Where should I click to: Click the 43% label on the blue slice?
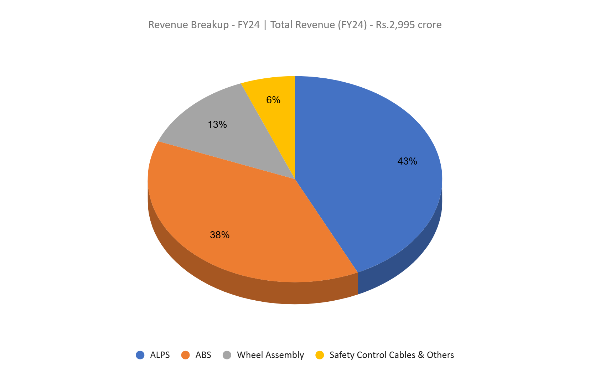coord(407,161)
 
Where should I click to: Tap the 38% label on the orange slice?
coord(219,235)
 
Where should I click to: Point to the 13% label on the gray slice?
coord(217,125)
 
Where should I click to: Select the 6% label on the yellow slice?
coord(273,100)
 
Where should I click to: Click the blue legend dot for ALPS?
coord(140,355)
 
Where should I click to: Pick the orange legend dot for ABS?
coord(186,355)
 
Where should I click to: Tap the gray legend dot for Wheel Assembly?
coord(227,355)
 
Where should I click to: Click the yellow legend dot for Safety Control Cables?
coord(320,355)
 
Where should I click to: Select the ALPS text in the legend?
coord(160,355)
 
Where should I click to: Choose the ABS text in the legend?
coord(203,355)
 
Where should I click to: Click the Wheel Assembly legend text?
coord(270,355)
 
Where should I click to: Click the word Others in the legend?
coord(440,355)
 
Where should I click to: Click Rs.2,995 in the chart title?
coord(395,25)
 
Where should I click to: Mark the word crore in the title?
coord(430,25)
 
